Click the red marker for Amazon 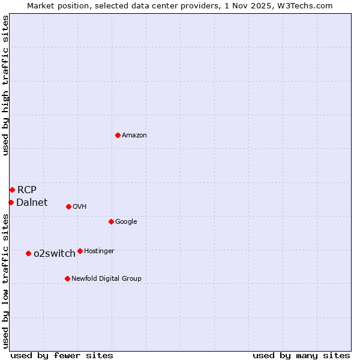(x=118, y=135)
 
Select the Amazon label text (x=134, y=136)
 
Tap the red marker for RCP (x=12, y=190)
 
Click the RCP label (x=27, y=190)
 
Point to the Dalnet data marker (x=11, y=202)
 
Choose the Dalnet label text (x=32, y=203)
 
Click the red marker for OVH (x=68, y=206)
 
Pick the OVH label (x=80, y=207)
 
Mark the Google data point (x=111, y=221)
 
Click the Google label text (x=126, y=222)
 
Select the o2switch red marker (x=28, y=253)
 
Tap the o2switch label (x=55, y=254)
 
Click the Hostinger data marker (x=80, y=251)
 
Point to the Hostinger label (x=99, y=251)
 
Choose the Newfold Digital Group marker (x=67, y=278)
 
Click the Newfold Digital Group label (x=106, y=279)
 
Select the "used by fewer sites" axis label (x=62, y=355)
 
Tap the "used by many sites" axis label (x=301, y=355)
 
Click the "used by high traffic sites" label (x=5, y=85)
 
